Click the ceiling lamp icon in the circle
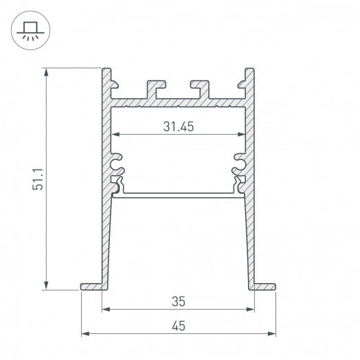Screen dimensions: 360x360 click(29, 30)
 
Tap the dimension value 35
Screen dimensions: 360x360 click(178, 300)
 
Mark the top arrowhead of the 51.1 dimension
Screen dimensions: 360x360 click(47, 71)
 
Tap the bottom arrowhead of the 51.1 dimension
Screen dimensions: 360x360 click(47, 286)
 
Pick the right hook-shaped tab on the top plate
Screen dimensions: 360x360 click(201, 89)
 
